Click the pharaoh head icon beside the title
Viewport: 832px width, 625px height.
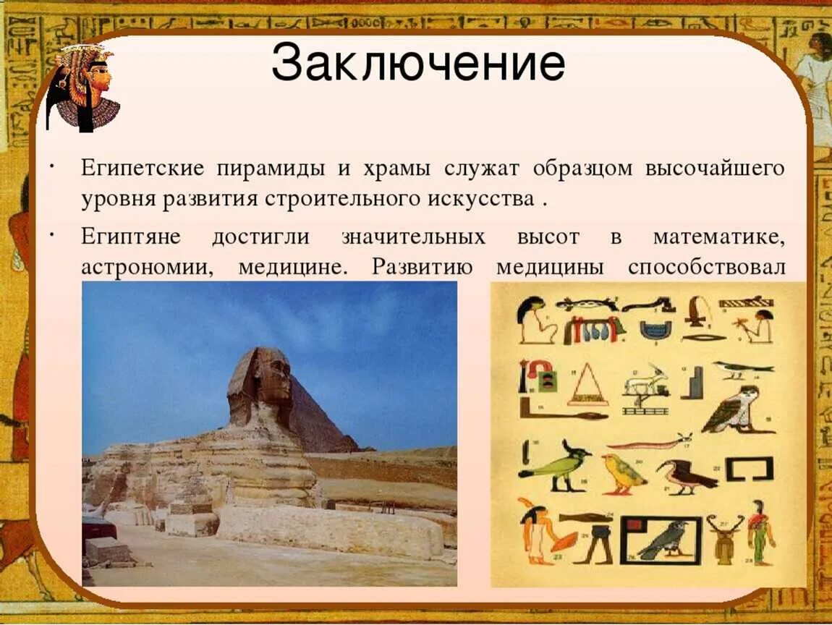click(83, 88)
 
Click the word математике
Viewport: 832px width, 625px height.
click(718, 237)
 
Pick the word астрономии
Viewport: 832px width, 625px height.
click(147, 268)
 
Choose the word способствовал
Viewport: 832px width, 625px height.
click(706, 266)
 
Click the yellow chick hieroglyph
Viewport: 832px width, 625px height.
click(623, 473)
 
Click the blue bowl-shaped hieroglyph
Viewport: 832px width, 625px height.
click(655, 329)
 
